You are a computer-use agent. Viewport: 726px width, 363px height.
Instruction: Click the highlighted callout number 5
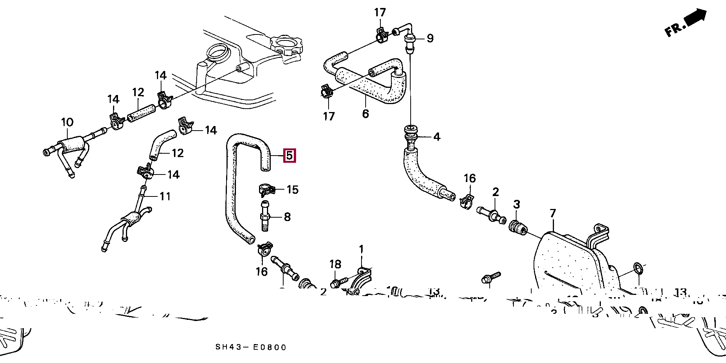[x=289, y=156]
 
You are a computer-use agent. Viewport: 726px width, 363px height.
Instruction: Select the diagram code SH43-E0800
[x=251, y=347]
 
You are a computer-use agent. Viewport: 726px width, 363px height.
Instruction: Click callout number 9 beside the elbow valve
[x=430, y=38]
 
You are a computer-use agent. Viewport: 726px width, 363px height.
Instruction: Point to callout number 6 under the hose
[x=365, y=114]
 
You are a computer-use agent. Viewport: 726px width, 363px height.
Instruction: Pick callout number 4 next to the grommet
[x=437, y=137]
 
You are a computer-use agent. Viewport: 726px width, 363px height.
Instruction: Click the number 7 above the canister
[x=553, y=213]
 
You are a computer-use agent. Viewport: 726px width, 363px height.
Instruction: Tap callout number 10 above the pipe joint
[x=67, y=122]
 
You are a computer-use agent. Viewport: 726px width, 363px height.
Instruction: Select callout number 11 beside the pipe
[x=165, y=196]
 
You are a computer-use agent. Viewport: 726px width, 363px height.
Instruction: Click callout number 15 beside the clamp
[x=292, y=189]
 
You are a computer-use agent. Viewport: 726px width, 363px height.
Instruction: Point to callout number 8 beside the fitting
[x=287, y=217]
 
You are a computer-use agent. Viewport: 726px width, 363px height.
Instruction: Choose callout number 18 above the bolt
[x=335, y=264]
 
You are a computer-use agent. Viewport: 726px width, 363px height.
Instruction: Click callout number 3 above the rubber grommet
[x=517, y=204]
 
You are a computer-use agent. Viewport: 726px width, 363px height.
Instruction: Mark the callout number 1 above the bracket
[x=361, y=249]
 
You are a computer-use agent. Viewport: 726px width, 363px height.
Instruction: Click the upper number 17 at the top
[x=380, y=12]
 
